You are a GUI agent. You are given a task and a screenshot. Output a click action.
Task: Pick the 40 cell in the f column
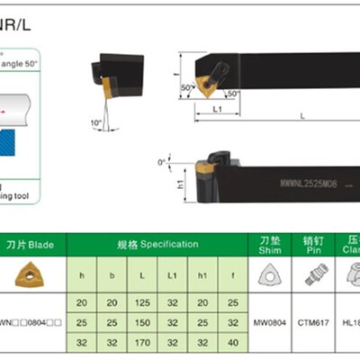tap(233, 342)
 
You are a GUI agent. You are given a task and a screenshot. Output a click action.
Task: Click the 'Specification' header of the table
tap(158, 244)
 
